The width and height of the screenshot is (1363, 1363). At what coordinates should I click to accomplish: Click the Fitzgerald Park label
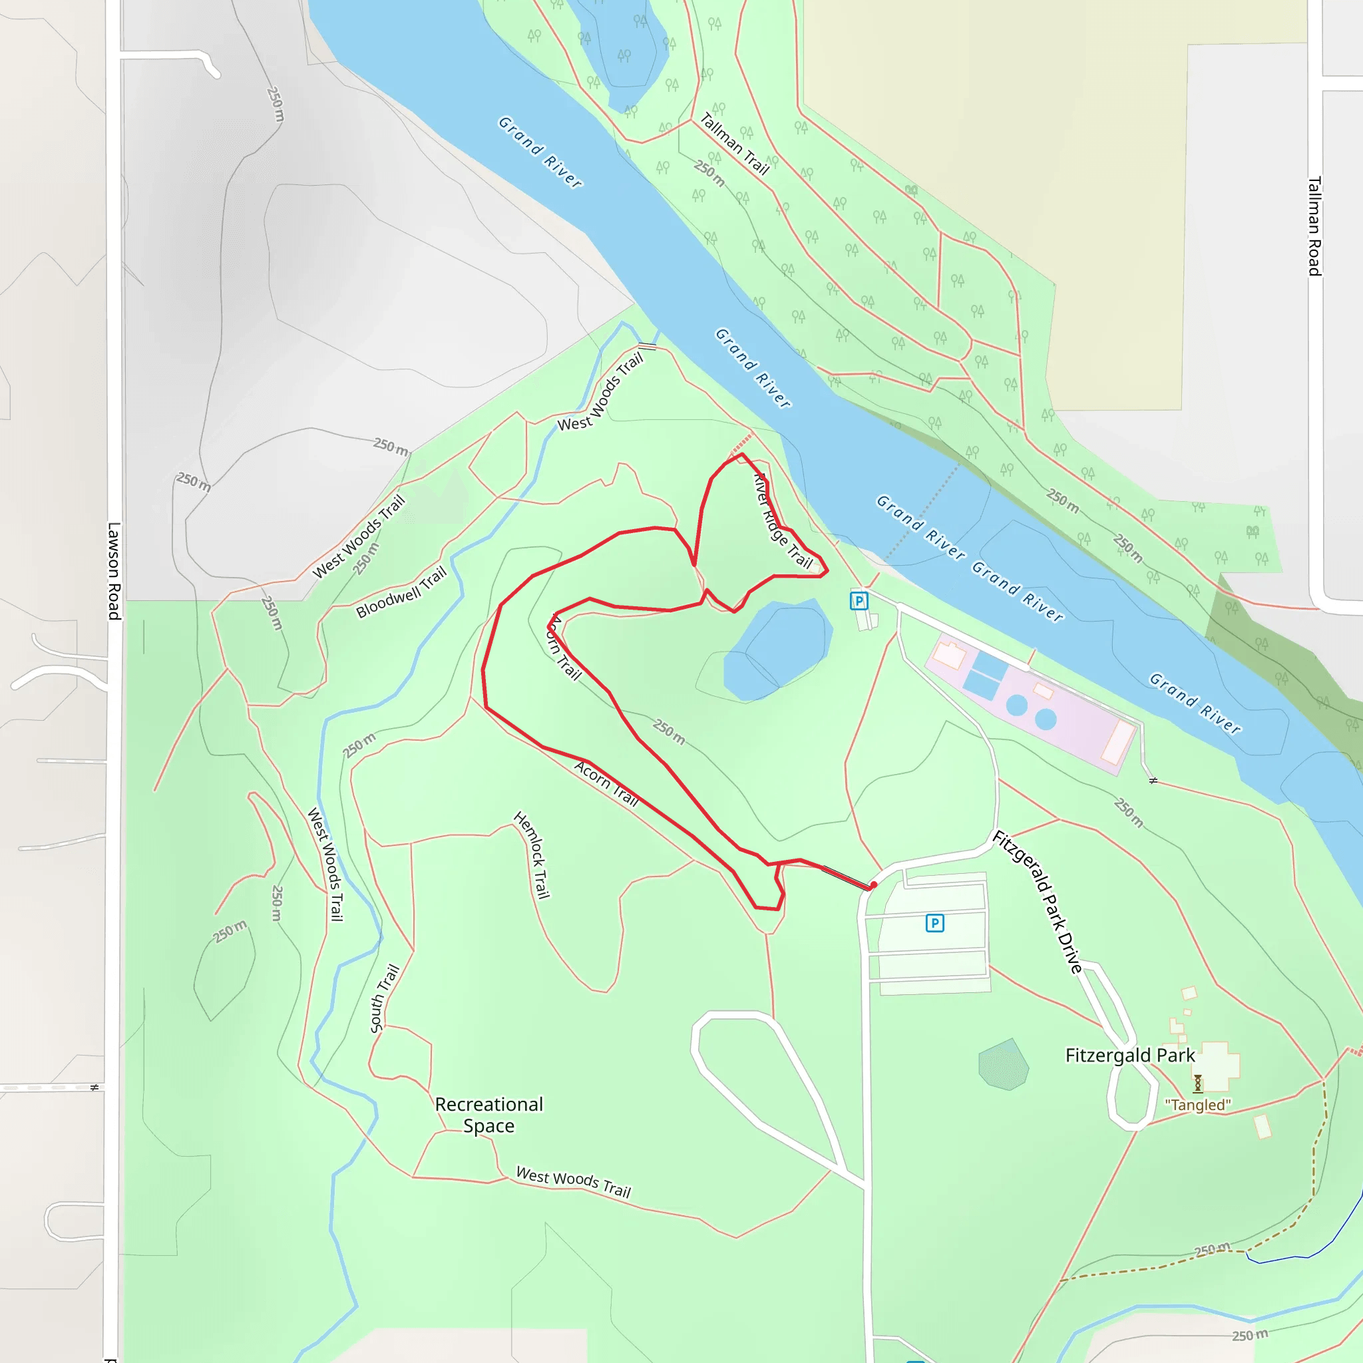click(1129, 1056)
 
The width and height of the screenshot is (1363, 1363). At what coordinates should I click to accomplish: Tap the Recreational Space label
click(489, 1115)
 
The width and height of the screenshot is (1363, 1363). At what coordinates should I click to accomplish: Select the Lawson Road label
click(114, 571)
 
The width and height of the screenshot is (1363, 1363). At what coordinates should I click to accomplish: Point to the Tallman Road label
click(1314, 226)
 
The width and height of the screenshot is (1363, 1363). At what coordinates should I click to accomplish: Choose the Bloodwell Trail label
click(401, 592)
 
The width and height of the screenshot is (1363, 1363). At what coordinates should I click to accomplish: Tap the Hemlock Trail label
click(532, 855)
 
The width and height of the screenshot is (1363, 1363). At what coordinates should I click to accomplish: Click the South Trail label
click(385, 998)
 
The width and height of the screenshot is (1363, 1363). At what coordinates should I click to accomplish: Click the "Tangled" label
click(1197, 1105)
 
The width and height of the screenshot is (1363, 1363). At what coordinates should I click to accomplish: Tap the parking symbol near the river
click(859, 601)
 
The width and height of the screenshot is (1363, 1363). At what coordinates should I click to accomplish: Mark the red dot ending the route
click(873, 884)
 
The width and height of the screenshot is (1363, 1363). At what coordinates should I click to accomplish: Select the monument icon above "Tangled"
click(1197, 1083)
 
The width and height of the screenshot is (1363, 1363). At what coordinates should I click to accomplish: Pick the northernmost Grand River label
click(540, 152)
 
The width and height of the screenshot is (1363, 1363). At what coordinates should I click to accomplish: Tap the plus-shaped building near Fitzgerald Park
click(1219, 1066)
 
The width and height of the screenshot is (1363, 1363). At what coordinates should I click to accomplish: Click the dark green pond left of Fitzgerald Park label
click(1003, 1065)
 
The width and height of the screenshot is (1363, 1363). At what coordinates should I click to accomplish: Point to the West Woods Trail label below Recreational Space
click(573, 1182)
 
